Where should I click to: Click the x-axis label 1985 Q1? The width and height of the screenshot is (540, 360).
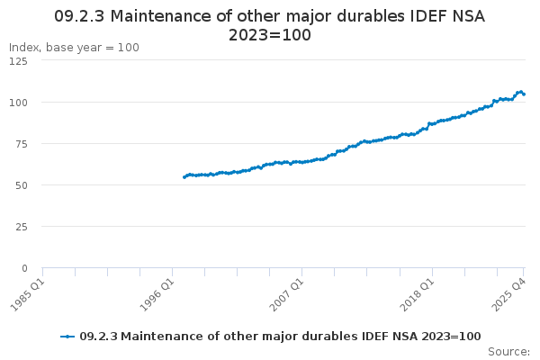(x=28, y=292)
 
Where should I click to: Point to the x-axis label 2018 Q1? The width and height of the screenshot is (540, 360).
(x=418, y=292)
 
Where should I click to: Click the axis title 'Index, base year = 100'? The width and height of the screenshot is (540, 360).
(x=74, y=48)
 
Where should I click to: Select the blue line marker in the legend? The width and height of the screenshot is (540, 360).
(x=67, y=337)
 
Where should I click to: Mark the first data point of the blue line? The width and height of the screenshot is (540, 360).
(x=184, y=177)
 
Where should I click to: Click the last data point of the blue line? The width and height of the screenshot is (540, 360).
(x=524, y=94)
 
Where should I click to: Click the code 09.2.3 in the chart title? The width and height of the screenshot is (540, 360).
(x=80, y=15)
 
